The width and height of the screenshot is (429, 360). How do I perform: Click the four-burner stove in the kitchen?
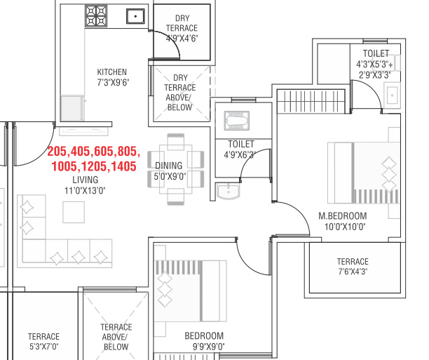[x=96, y=16]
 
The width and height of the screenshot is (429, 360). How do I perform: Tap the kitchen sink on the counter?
[x=135, y=16]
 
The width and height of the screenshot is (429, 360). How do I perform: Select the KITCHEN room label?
[x=112, y=72]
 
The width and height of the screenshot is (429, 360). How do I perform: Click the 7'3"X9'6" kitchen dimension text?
[x=113, y=82]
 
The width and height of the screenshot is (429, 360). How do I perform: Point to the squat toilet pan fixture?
[x=237, y=120]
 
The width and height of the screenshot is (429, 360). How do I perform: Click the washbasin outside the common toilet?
[x=228, y=191]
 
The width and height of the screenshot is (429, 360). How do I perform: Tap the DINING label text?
[x=168, y=166]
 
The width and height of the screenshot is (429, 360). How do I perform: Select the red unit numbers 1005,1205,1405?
[x=94, y=166]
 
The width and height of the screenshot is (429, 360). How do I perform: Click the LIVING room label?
[x=85, y=180]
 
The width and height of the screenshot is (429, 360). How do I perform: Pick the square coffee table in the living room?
[x=74, y=212]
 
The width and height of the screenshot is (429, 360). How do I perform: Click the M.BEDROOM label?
[x=343, y=216]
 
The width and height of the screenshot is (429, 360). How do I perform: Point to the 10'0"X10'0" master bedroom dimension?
[x=345, y=227]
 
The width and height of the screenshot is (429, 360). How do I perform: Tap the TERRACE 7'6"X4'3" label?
[x=353, y=266]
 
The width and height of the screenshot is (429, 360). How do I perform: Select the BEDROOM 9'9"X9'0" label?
[x=205, y=341]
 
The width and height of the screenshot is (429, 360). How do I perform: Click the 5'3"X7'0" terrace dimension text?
[x=43, y=347]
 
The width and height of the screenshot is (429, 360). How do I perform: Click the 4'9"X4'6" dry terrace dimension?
[x=182, y=38]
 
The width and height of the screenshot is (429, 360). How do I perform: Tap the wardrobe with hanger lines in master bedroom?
[x=311, y=101]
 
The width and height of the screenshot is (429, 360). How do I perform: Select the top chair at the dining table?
[x=176, y=142]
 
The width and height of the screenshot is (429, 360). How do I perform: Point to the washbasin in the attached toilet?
[x=392, y=95]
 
